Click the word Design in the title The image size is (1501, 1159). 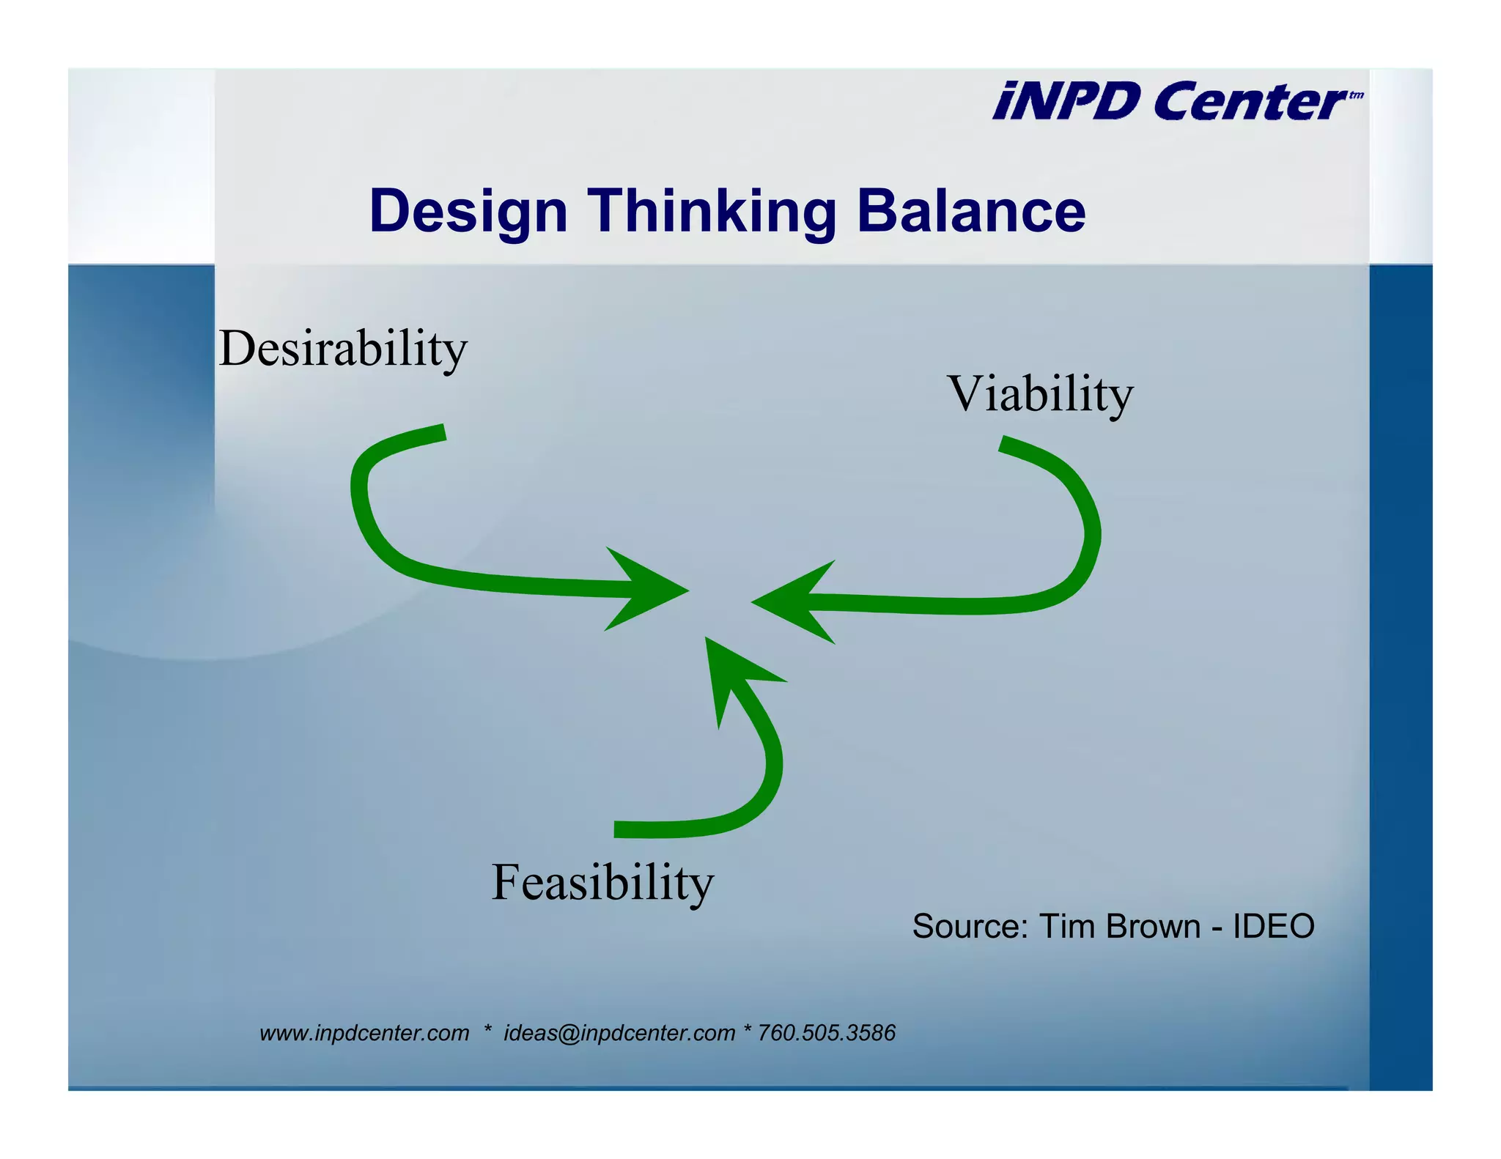tap(468, 211)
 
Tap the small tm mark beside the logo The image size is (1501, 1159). tap(1356, 95)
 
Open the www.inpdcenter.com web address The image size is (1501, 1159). tap(364, 1033)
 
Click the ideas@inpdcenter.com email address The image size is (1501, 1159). tap(619, 1033)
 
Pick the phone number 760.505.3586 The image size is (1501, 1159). tap(826, 1033)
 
